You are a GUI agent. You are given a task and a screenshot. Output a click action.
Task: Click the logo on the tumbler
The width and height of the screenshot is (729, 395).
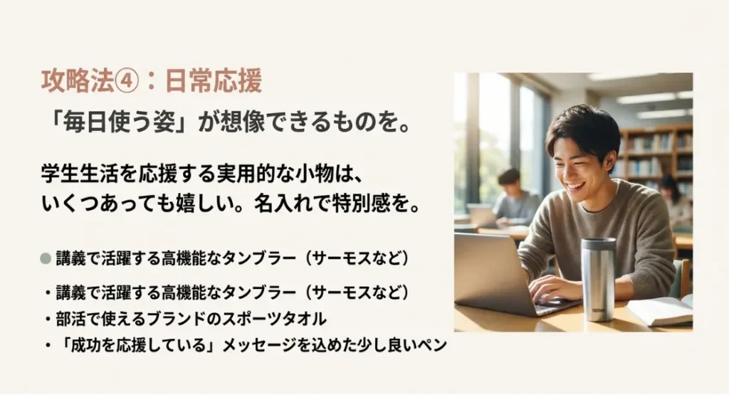point(598,310)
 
